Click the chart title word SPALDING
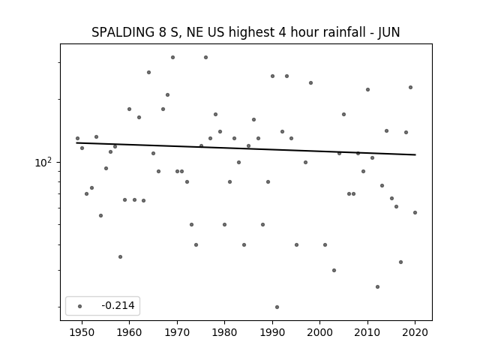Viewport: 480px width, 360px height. pos(123,32)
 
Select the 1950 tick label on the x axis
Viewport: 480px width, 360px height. pos(82,332)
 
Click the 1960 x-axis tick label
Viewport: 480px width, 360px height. pos(129,332)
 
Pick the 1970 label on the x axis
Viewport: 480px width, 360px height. pos(177,332)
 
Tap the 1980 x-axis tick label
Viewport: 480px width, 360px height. pos(224,332)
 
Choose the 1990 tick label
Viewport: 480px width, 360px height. pos(272,332)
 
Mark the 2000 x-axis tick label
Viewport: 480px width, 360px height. pos(319,332)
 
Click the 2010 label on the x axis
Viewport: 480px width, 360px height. pos(367,332)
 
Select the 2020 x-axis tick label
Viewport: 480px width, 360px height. pos(415,332)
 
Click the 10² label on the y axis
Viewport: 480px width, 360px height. pos(43,162)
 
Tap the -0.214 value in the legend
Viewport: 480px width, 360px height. pos(118,305)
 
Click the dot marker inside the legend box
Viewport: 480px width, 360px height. pos(80,306)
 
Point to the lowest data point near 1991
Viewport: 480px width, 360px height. pos(277,307)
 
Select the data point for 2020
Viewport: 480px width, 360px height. pos(415,212)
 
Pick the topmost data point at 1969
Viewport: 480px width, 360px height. pos(172,57)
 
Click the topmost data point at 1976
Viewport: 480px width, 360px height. pos(205,57)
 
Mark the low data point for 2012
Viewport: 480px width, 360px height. pos(377,286)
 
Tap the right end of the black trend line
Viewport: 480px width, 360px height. pos(415,154)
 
